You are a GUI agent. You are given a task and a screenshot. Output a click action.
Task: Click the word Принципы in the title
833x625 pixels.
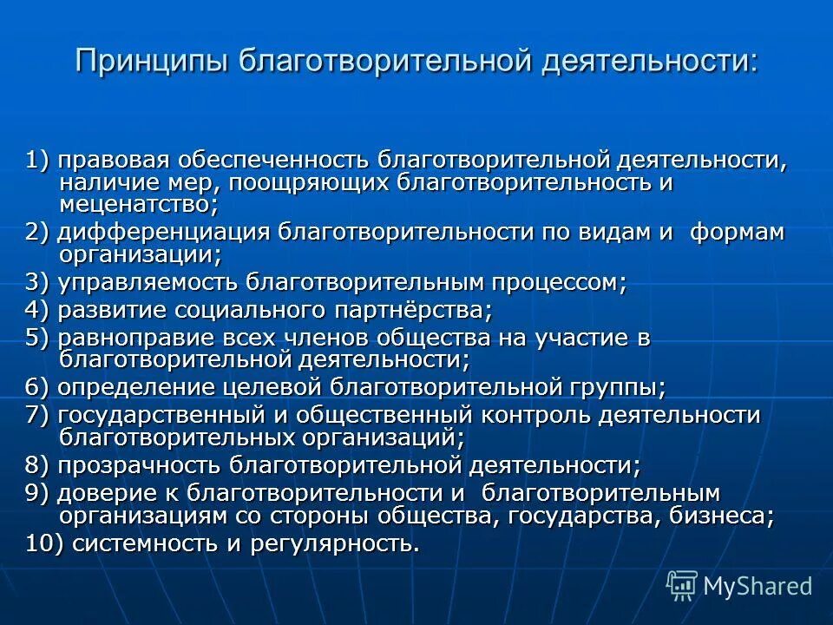click(150, 61)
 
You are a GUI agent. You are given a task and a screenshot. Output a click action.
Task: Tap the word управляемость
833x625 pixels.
click(148, 282)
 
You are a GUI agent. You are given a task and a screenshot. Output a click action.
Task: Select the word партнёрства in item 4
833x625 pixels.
click(415, 309)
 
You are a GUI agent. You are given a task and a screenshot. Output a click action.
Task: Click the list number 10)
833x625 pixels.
click(43, 543)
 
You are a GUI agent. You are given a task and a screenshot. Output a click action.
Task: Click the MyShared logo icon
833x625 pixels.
click(682, 585)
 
